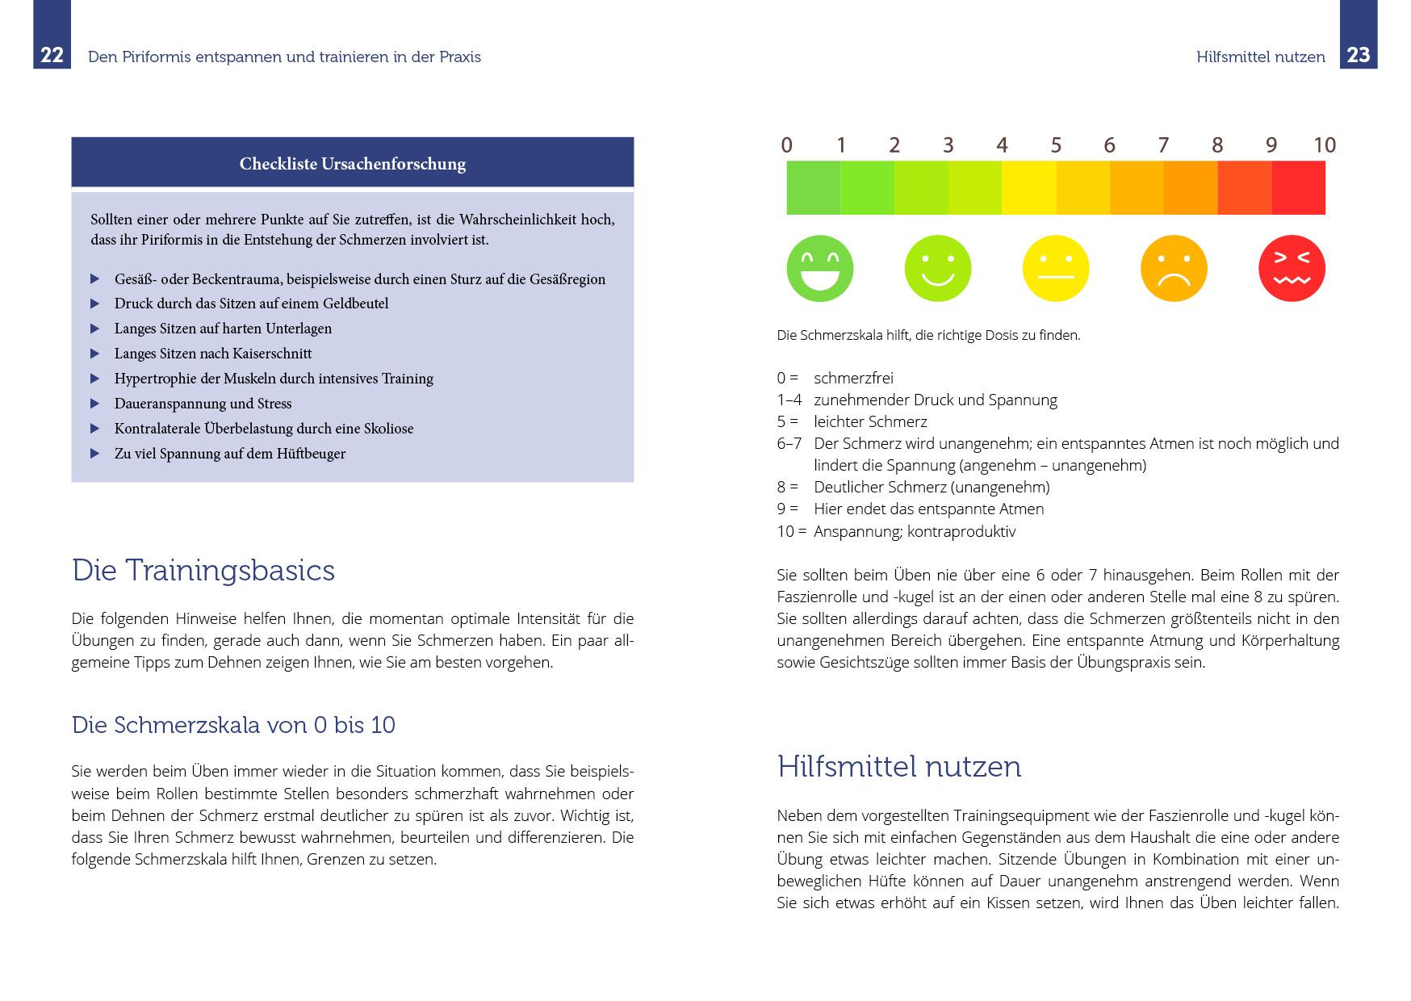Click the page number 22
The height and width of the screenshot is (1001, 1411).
(52, 56)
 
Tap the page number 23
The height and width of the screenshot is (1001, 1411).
(1359, 55)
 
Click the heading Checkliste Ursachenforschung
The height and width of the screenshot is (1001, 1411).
(353, 164)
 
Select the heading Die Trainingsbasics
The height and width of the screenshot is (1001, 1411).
(203, 571)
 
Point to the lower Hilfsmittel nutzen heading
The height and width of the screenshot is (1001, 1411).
(898, 766)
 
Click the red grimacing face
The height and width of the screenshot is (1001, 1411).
(1292, 269)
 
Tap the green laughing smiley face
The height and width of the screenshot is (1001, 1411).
(819, 269)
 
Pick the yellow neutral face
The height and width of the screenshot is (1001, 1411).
(1055, 269)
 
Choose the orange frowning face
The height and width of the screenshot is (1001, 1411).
(1174, 269)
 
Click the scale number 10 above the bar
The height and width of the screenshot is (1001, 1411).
(1324, 145)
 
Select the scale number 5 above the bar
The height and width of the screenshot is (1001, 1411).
(1055, 145)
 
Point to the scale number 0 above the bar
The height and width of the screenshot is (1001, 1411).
(786, 145)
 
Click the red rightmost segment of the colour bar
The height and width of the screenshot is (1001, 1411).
(1298, 188)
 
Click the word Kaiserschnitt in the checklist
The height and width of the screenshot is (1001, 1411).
(271, 354)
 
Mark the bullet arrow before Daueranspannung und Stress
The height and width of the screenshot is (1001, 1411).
(95, 404)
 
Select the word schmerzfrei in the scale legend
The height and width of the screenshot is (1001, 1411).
(853, 378)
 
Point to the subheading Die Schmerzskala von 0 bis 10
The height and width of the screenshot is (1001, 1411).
(233, 725)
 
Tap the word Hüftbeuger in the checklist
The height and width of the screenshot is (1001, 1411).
(311, 454)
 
